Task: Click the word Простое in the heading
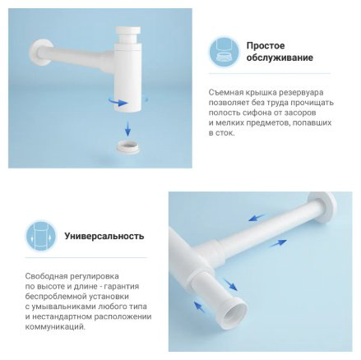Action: click(x=266, y=45)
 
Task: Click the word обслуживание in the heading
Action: click(x=280, y=58)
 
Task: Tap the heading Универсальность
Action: click(x=104, y=236)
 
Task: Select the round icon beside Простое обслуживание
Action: click(x=224, y=52)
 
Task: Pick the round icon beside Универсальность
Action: click(x=41, y=236)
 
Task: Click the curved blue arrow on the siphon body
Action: click(x=118, y=102)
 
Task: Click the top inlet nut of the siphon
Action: click(x=128, y=35)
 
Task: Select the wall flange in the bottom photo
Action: click(x=322, y=208)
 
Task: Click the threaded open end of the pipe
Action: click(x=234, y=310)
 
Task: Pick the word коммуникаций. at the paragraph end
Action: click(x=55, y=327)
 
